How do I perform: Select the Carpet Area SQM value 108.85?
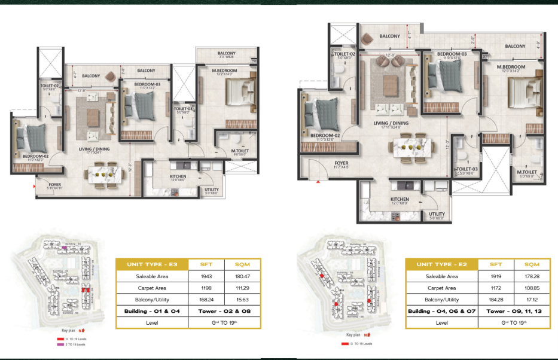532,288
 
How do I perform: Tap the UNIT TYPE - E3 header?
148,264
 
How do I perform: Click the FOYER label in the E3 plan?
54,184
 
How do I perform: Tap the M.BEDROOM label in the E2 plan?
510,67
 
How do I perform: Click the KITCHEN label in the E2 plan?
399,199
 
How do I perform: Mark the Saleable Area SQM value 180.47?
242,276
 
